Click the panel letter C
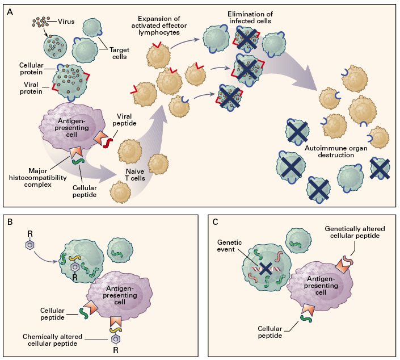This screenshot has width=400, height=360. click(x=215, y=221)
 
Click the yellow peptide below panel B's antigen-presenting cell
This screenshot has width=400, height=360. click(x=115, y=330)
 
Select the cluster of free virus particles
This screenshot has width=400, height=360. click(x=41, y=23)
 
